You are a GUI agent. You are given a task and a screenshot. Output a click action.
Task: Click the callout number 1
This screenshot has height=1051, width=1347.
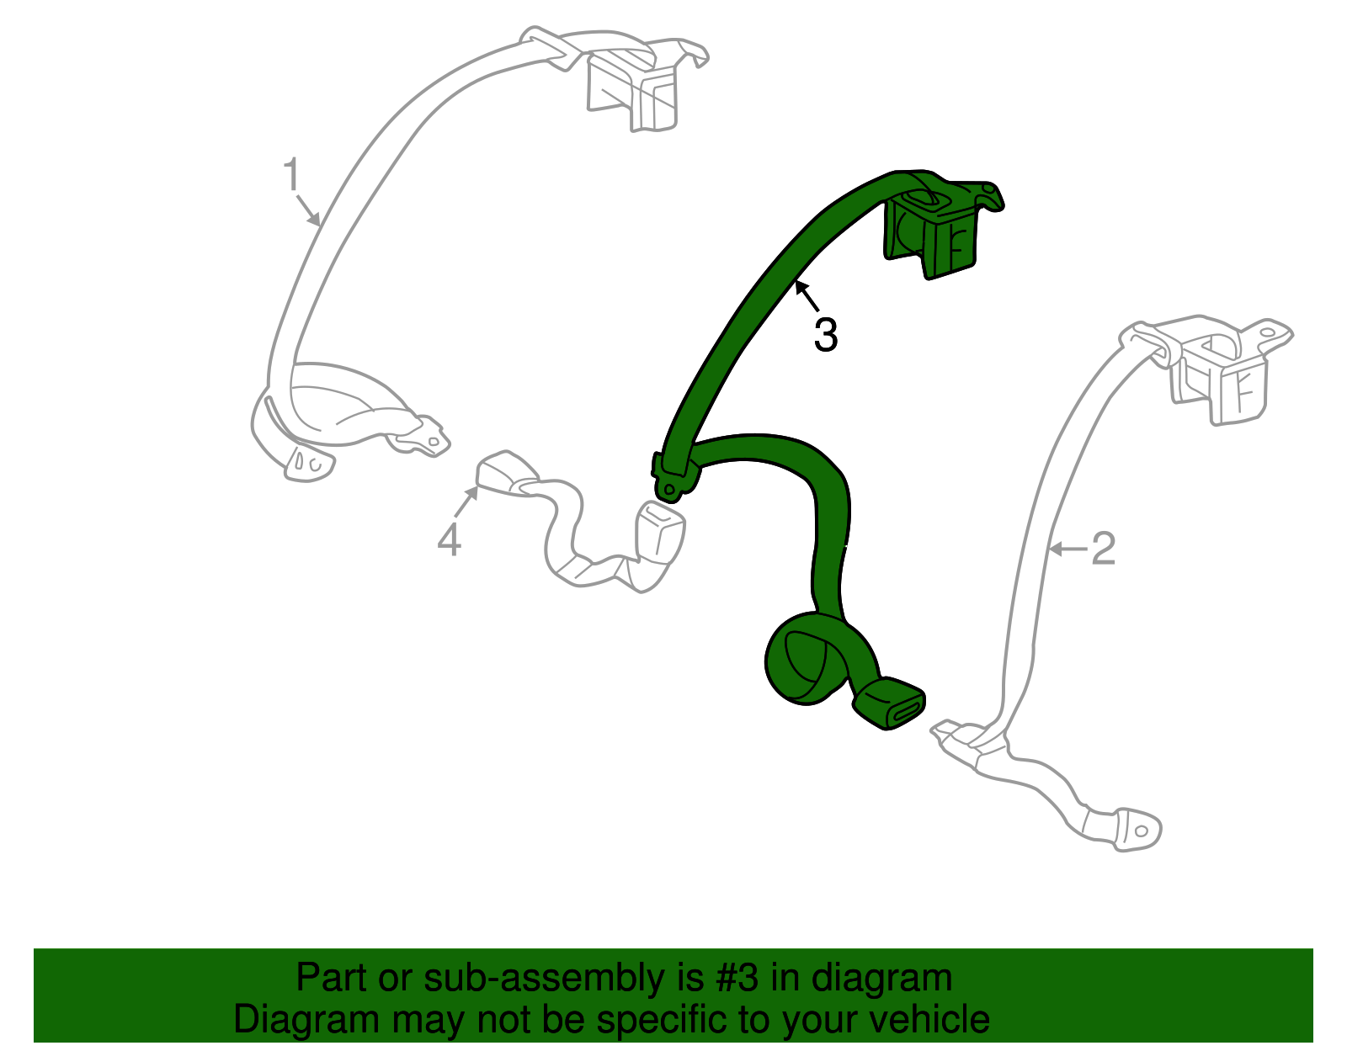pos(291,176)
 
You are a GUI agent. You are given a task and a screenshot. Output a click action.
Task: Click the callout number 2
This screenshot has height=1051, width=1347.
pos(1103,549)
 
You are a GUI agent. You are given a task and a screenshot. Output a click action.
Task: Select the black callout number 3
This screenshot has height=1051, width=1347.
pos(826,335)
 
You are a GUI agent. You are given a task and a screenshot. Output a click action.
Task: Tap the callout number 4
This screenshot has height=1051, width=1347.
pos(450,539)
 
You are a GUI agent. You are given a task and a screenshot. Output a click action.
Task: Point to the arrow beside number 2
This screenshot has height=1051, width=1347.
pos(1067,549)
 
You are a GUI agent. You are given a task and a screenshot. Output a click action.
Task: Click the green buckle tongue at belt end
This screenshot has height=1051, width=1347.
pos(891,703)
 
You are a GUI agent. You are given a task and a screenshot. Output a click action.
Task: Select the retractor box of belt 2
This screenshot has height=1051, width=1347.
pos(1221,379)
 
